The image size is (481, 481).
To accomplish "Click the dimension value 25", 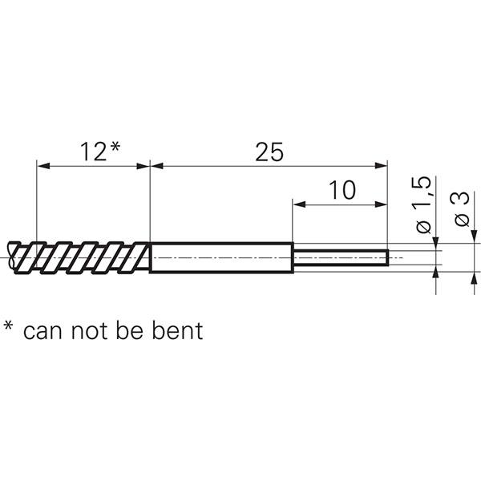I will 269,152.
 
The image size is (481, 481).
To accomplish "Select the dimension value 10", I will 341,190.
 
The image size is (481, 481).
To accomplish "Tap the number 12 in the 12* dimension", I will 91,152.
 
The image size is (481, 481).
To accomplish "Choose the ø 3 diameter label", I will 463,210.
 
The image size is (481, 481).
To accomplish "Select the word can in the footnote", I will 43,330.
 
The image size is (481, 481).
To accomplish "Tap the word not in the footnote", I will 88,330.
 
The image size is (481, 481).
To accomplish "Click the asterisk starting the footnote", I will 9,326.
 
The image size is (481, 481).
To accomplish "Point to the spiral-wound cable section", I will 80,257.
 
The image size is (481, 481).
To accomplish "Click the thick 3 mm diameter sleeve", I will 220,257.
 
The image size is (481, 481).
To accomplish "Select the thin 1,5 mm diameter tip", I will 340,257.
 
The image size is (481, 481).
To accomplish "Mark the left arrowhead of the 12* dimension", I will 42,166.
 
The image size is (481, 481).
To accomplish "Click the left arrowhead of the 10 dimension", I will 297,204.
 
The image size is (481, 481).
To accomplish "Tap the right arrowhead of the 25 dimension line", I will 382,166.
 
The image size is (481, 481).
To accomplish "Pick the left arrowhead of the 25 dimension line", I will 156,166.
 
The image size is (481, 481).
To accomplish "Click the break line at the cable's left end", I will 10,257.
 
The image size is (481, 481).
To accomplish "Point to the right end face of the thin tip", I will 388,257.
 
